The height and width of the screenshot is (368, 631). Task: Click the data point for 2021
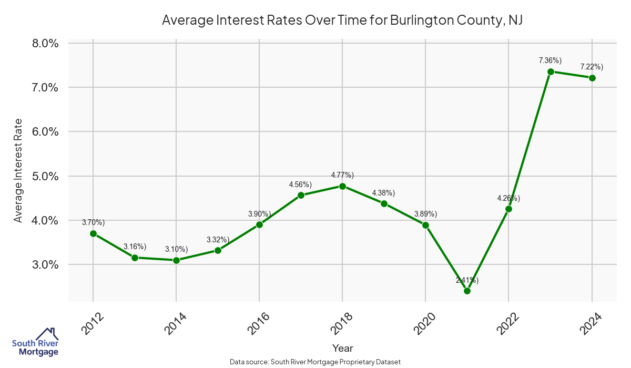[x=467, y=291]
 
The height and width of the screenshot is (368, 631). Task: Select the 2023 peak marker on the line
[x=551, y=71]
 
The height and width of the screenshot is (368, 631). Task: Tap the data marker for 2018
[x=342, y=186]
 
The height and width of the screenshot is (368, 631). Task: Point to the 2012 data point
[x=93, y=233]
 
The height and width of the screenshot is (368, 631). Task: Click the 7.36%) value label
[x=550, y=60]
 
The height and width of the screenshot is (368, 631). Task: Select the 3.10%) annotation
[x=176, y=249]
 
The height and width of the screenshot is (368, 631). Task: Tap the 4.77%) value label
[x=342, y=175]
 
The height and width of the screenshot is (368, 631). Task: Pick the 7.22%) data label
[x=592, y=67]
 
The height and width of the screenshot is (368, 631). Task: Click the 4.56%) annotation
[x=300, y=184]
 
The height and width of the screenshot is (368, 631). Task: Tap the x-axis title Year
[x=342, y=348]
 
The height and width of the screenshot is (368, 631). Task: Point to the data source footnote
[x=315, y=362]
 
